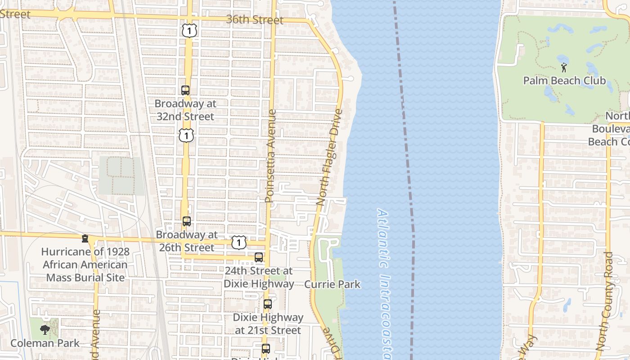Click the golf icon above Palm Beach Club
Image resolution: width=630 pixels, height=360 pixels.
564,67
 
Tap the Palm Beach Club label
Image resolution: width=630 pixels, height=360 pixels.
564,81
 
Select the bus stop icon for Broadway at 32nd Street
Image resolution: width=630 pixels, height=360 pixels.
185,90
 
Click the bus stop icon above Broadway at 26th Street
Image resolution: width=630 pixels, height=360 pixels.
186,221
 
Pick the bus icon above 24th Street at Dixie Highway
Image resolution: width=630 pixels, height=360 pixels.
259,257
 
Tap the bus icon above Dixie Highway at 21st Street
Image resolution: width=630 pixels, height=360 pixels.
268,304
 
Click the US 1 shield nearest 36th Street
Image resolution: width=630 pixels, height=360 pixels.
189,31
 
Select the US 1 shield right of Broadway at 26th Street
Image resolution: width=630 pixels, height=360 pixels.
238,243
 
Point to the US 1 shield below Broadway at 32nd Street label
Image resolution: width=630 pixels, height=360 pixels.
186,135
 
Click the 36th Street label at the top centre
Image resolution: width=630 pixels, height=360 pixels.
255,20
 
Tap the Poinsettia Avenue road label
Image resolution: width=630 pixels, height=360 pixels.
270,156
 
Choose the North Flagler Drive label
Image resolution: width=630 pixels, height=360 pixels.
330,157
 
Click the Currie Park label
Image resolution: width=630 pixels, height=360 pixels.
332,284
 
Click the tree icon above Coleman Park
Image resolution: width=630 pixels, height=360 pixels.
45,330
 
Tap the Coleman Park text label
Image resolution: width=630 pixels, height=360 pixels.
45,343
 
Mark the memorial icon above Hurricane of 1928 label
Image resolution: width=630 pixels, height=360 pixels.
85,238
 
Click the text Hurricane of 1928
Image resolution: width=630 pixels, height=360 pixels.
85,252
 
